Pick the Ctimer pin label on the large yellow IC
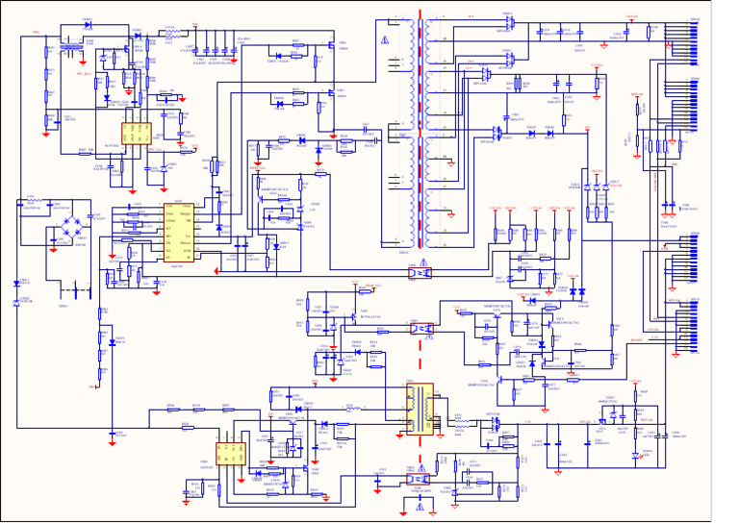coord(170,220)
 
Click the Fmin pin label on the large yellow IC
coord(169,213)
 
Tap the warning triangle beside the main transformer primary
coord(384,39)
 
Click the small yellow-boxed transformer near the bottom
coord(419,409)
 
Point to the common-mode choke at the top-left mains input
coord(70,46)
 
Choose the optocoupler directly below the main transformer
coord(420,273)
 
